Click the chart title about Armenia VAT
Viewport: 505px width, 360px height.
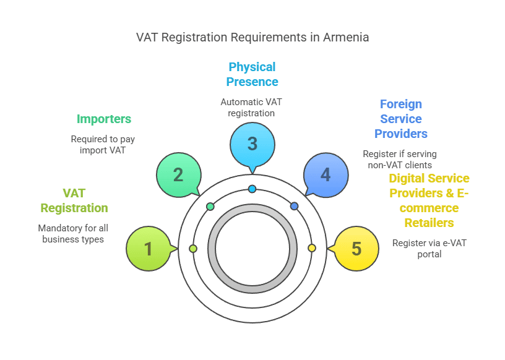point(252,37)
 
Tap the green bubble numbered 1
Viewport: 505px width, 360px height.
point(148,249)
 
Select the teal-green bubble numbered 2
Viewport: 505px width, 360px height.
point(178,174)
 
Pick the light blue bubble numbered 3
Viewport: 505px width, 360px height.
point(252,144)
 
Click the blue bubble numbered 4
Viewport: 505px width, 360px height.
point(326,174)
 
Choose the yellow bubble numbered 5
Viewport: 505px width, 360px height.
point(356,249)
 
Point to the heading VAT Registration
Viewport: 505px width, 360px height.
point(74,200)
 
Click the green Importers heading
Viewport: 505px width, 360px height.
point(104,119)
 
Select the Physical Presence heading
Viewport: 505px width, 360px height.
point(252,74)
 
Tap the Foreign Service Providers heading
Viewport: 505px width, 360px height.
point(401,119)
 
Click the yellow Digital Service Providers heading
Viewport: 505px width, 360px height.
point(429,200)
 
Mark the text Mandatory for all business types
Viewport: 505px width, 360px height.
point(73,234)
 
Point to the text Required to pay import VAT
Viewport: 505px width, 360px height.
point(101,145)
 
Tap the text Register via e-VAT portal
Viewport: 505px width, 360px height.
point(429,249)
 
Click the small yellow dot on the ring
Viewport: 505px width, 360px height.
point(312,248)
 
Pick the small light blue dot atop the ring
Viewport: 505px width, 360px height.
point(252,189)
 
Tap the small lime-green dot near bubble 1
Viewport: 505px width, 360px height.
point(193,248)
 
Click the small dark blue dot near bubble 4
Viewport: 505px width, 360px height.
point(294,206)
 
